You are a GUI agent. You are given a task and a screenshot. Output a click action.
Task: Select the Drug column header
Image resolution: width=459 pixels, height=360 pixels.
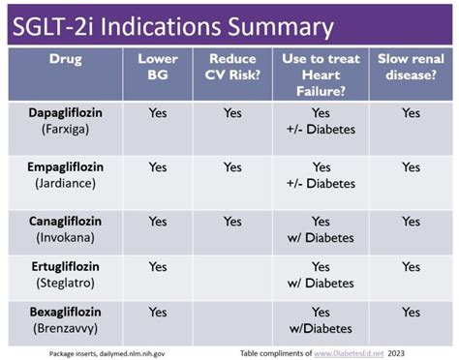tap(66, 59)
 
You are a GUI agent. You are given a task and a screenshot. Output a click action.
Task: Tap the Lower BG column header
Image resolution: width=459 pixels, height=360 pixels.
tap(158, 67)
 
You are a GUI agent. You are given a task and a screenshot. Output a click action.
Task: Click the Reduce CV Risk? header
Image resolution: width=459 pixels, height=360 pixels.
tap(232, 67)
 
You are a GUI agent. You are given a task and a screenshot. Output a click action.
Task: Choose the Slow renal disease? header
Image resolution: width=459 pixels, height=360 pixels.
tap(412, 67)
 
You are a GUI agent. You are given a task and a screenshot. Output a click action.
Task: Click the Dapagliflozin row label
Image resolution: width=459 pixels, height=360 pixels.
tap(66, 113)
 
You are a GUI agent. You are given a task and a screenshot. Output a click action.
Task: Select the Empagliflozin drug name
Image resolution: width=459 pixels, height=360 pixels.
tap(66, 167)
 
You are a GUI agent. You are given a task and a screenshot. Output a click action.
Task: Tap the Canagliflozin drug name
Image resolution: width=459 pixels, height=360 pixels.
tap(66, 222)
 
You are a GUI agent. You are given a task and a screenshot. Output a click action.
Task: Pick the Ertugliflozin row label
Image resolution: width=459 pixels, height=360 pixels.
tap(66, 267)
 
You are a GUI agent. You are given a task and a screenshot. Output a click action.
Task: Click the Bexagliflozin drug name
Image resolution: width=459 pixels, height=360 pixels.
tap(66, 312)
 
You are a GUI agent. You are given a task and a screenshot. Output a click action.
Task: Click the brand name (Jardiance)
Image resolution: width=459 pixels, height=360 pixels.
tap(66, 183)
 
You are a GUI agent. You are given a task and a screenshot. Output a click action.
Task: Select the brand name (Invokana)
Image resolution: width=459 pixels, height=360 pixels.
tap(66, 237)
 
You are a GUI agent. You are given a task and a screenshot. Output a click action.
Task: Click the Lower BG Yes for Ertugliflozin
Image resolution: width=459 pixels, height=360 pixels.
tap(158, 267)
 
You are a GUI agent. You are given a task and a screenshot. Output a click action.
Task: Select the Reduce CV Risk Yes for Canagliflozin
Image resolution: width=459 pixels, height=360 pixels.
tap(232, 222)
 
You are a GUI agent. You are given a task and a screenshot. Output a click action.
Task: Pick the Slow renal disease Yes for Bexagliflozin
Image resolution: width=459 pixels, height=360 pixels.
tap(412, 312)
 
